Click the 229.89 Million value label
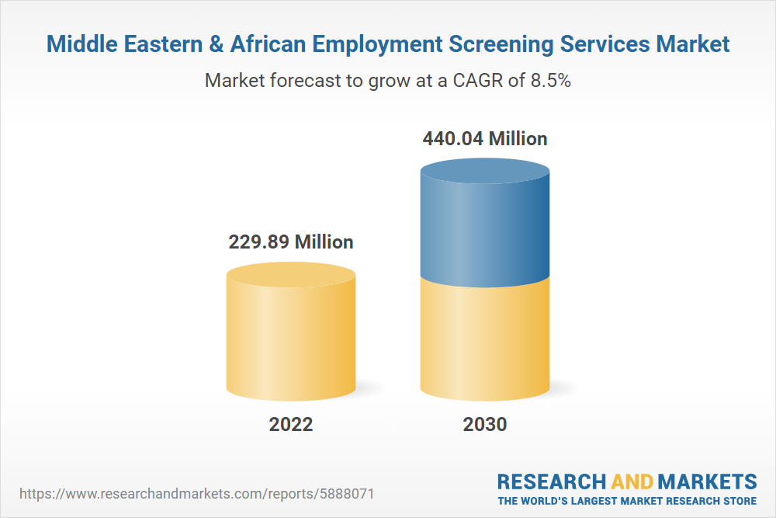(x=290, y=242)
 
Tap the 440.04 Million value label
(x=484, y=139)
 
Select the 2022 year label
(x=291, y=424)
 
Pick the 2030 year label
(x=484, y=424)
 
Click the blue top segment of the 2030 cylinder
(x=484, y=225)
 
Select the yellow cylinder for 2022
(x=291, y=334)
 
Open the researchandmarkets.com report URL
(x=201, y=494)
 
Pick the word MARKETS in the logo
(x=708, y=481)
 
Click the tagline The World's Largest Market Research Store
(x=627, y=501)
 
